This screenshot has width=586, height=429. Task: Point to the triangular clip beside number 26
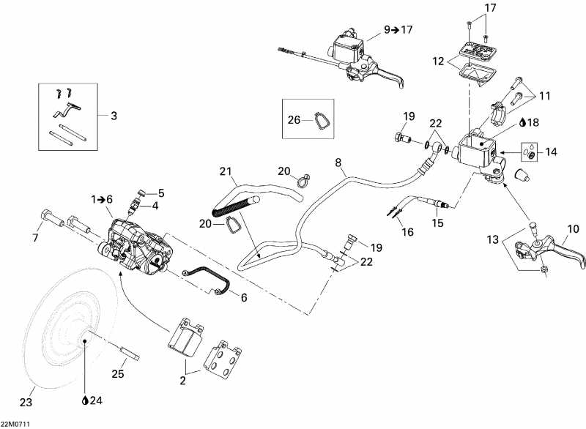[319, 121]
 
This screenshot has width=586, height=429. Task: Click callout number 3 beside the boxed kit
[114, 115]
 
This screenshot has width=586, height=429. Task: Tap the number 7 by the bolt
[34, 238]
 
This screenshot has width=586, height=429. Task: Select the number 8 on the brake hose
[338, 162]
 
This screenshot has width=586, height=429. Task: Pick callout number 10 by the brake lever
[573, 229]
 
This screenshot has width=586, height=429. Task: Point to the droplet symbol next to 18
[522, 122]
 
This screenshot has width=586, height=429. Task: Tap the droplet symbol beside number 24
[86, 400]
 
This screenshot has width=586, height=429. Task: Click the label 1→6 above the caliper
[103, 199]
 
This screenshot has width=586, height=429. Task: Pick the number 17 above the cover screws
[490, 8]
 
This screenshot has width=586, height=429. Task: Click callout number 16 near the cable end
[408, 232]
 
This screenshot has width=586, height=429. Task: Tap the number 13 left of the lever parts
[494, 239]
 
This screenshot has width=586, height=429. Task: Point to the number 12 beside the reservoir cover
[438, 63]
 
